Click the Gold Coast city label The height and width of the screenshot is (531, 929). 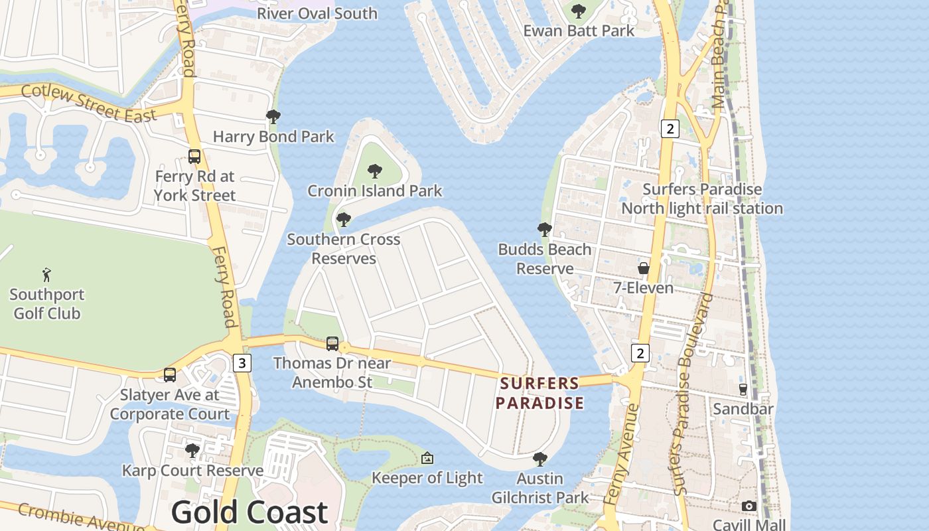coord(250,512)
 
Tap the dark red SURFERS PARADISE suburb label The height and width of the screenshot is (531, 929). coord(539,393)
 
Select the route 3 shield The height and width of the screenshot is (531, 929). coord(243,363)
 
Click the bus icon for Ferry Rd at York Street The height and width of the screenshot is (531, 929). coord(194,157)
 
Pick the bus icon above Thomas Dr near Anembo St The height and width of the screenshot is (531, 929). coord(332,344)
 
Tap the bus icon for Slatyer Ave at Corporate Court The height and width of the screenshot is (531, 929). coord(170,375)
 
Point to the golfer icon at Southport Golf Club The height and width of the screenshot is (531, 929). coord(46,274)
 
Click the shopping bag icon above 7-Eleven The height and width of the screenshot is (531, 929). coord(643,268)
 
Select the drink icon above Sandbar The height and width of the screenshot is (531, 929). coord(743,389)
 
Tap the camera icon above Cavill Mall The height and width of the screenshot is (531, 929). coord(749,506)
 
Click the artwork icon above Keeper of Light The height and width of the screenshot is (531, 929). coord(427,458)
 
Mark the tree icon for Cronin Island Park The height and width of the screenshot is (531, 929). coord(375,171)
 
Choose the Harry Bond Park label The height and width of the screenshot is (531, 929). coord(273,137)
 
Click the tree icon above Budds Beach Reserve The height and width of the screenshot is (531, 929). coord(545,230)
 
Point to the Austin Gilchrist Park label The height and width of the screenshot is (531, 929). coord(539,488)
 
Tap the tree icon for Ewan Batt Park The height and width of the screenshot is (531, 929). coord(579,11)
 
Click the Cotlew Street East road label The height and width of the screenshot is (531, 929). coord(88,103)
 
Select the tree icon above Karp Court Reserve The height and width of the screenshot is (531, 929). coord(192,451)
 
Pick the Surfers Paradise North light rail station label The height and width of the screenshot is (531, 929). coord(702,198)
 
